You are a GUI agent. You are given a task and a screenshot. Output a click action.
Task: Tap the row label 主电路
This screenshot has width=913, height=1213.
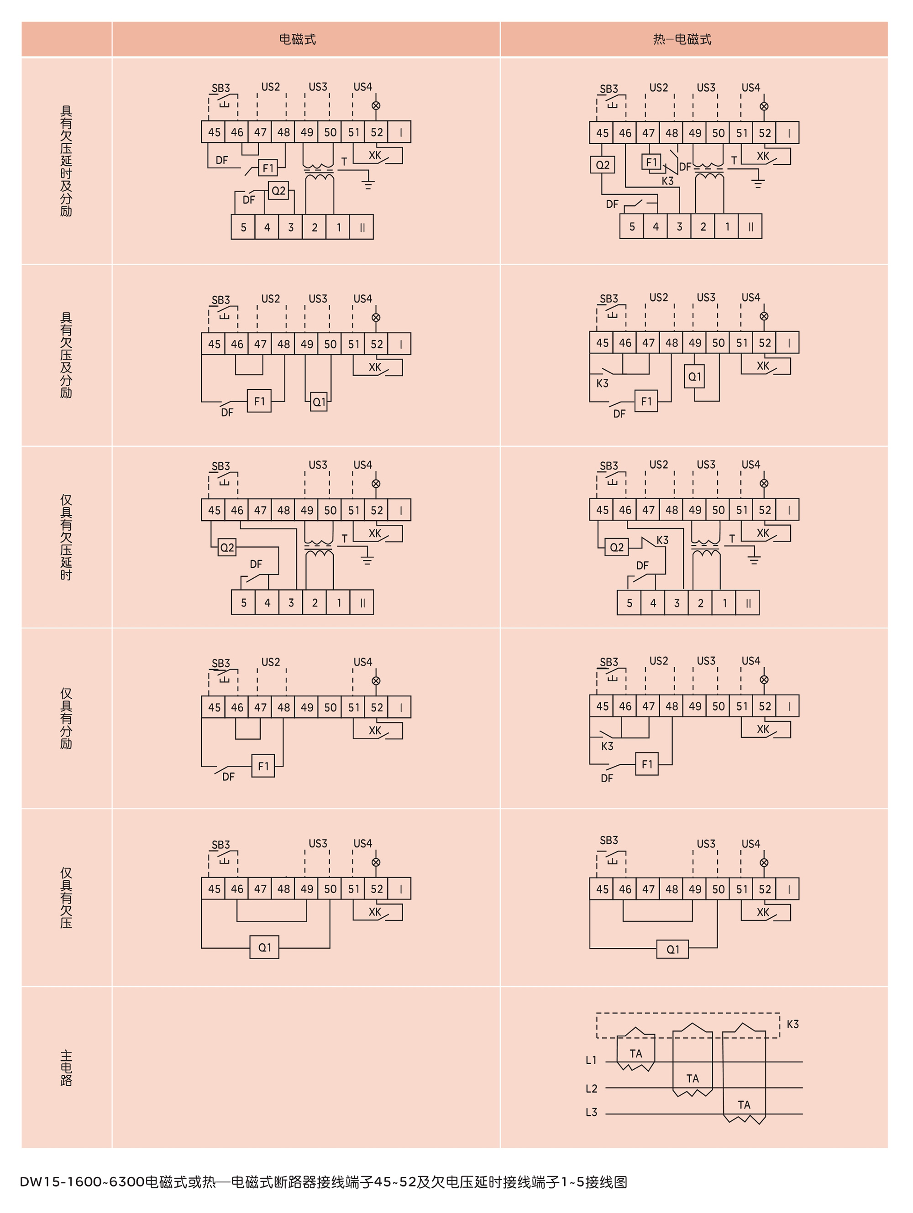pos(66,1068)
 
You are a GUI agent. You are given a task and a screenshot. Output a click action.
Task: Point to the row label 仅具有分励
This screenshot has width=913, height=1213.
pos(66,718)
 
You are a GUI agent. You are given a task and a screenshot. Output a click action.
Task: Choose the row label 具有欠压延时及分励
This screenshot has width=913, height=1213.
pos(66,161)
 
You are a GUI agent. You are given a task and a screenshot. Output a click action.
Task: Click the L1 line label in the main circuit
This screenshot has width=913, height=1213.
pos(591,1060)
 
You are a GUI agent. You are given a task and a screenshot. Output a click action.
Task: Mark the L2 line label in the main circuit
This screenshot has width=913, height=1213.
pos(591,1088)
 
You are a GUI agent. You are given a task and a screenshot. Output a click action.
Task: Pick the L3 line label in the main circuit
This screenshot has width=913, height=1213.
pos(591,1113)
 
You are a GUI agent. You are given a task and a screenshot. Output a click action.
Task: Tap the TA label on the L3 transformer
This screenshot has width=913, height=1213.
pos(744,1105)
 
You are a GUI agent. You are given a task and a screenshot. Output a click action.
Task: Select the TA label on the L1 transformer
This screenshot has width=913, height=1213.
pos(636,1053)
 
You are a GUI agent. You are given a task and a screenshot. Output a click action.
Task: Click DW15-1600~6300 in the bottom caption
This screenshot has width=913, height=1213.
pos(82,1182)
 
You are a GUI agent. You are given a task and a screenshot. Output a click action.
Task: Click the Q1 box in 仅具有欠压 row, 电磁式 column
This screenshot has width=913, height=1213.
pos(264,947)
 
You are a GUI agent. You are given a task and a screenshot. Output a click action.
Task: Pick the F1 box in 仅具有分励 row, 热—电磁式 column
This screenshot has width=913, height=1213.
pos(647,764)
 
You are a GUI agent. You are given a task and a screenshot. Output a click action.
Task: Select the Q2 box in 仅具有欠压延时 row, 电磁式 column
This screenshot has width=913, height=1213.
pos(226,547)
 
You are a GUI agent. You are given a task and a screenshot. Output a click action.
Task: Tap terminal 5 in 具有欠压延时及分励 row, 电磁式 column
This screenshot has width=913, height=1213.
pos(243,227)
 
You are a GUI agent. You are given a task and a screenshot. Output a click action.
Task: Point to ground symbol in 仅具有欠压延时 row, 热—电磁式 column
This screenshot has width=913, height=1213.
pos(755,560)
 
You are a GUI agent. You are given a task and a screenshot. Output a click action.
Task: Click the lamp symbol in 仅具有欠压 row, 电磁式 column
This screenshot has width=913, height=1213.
pos(376,862)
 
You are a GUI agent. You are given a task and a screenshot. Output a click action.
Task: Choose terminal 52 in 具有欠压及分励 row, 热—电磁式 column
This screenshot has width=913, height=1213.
pos(765,343)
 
